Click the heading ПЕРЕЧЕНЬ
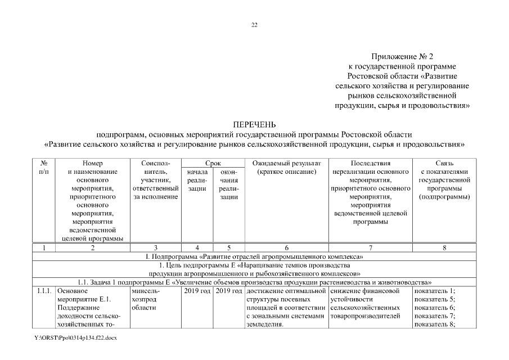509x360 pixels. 254,124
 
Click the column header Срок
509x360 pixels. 212,163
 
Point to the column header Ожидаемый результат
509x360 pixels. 286,163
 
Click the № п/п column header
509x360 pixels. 44,167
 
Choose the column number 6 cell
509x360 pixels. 286,247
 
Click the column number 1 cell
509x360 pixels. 44,247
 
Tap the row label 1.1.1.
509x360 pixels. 44,291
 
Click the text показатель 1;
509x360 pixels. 434,291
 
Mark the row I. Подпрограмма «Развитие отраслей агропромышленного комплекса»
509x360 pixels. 254,256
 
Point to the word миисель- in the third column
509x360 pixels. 145,291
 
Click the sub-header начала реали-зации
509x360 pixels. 197,180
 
